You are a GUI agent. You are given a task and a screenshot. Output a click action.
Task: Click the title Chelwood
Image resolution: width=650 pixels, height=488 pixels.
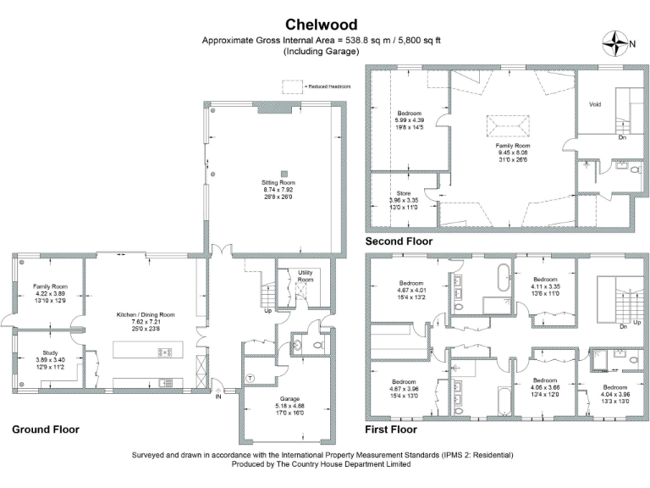point(322,25)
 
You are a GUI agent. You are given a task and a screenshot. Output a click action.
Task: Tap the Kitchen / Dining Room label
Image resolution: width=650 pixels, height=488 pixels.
point(146,315)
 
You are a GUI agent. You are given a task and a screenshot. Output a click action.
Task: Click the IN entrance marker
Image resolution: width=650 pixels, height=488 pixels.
point(218,395)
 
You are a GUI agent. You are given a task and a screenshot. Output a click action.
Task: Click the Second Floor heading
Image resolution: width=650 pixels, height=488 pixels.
point(399,241)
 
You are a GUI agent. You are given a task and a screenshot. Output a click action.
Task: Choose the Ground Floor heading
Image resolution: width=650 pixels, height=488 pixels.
point(46,430)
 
